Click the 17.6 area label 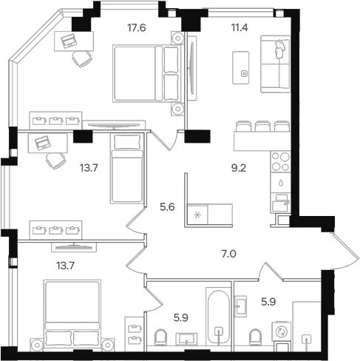coord(137,29)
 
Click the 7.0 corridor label coord(229,254)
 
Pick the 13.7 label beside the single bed coord(89,169)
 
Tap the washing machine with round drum coord(282,332)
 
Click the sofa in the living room coord(276,64)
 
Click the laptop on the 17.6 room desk coord(72,41)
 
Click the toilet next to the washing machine coord(256,337)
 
